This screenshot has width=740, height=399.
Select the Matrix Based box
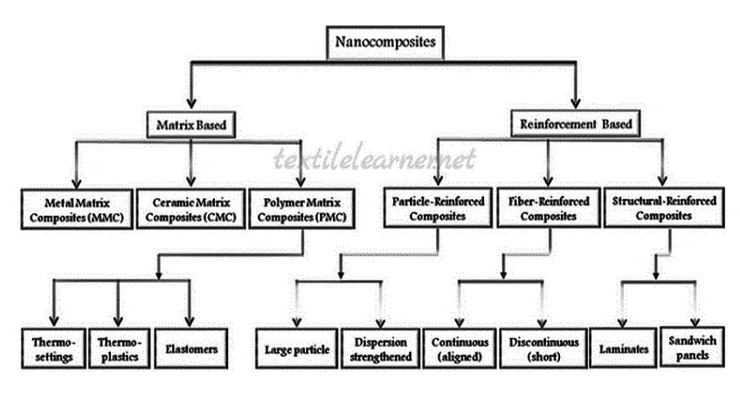coord(190,125)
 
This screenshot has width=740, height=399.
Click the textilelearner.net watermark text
coord(375,159)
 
